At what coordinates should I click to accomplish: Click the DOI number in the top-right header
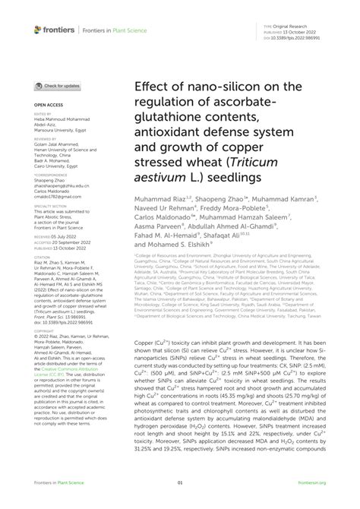pyautogui.click(x=312, y=35)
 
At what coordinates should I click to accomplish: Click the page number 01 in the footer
pyautogui.click(x=180, y=482)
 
